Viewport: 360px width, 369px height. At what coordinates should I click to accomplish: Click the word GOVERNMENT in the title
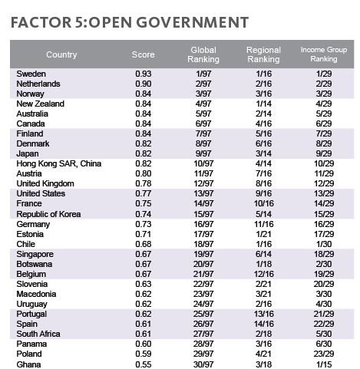point(192,22)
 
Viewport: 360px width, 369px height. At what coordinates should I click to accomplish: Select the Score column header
point(144,54)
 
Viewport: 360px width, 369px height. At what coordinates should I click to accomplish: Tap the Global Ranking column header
point(203,54)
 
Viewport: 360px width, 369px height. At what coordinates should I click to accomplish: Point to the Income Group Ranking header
point(324,54)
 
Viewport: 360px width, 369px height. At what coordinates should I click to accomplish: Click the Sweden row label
point(31,74)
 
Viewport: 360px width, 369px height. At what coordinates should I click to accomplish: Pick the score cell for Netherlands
point(144,84)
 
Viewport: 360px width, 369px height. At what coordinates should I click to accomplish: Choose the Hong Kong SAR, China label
point(59,163)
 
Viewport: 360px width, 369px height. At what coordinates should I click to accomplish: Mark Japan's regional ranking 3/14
point(263,153)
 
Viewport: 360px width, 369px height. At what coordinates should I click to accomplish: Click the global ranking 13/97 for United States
point(203,193)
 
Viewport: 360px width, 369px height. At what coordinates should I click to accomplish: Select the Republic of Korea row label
point(48,214)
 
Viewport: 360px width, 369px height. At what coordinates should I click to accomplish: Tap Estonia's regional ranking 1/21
point(263,234)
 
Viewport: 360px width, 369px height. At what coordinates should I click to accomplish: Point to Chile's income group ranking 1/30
point(324,244)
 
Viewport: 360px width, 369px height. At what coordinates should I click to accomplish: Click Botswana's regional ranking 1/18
point(263,264)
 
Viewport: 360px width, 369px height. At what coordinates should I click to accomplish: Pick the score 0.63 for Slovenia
point(144,284)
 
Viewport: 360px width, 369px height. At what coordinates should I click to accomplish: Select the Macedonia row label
point(36,294)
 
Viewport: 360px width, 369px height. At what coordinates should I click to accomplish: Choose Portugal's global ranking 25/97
point(203,314)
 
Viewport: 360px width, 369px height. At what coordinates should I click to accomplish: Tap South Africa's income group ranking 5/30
point(324,334)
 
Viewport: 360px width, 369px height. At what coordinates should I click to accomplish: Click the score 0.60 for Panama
point(144,344)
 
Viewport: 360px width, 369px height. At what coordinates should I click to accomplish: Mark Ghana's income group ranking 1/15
point(324,364)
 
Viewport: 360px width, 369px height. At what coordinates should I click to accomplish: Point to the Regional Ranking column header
point(263,54)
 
